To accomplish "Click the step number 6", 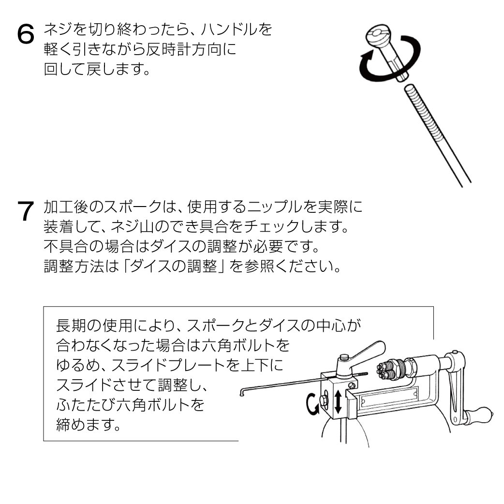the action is click(x=25, y=34).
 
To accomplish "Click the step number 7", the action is click(x=25, y=211).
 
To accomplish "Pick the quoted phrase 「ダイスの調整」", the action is click(x=174, y=266).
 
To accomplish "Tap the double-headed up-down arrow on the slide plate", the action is click(x=338, y=401).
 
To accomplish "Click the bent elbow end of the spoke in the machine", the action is click(x=242, y=392).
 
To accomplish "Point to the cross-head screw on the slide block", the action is click(x=352, y=384).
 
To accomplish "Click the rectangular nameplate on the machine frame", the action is click(x=389, y=397).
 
